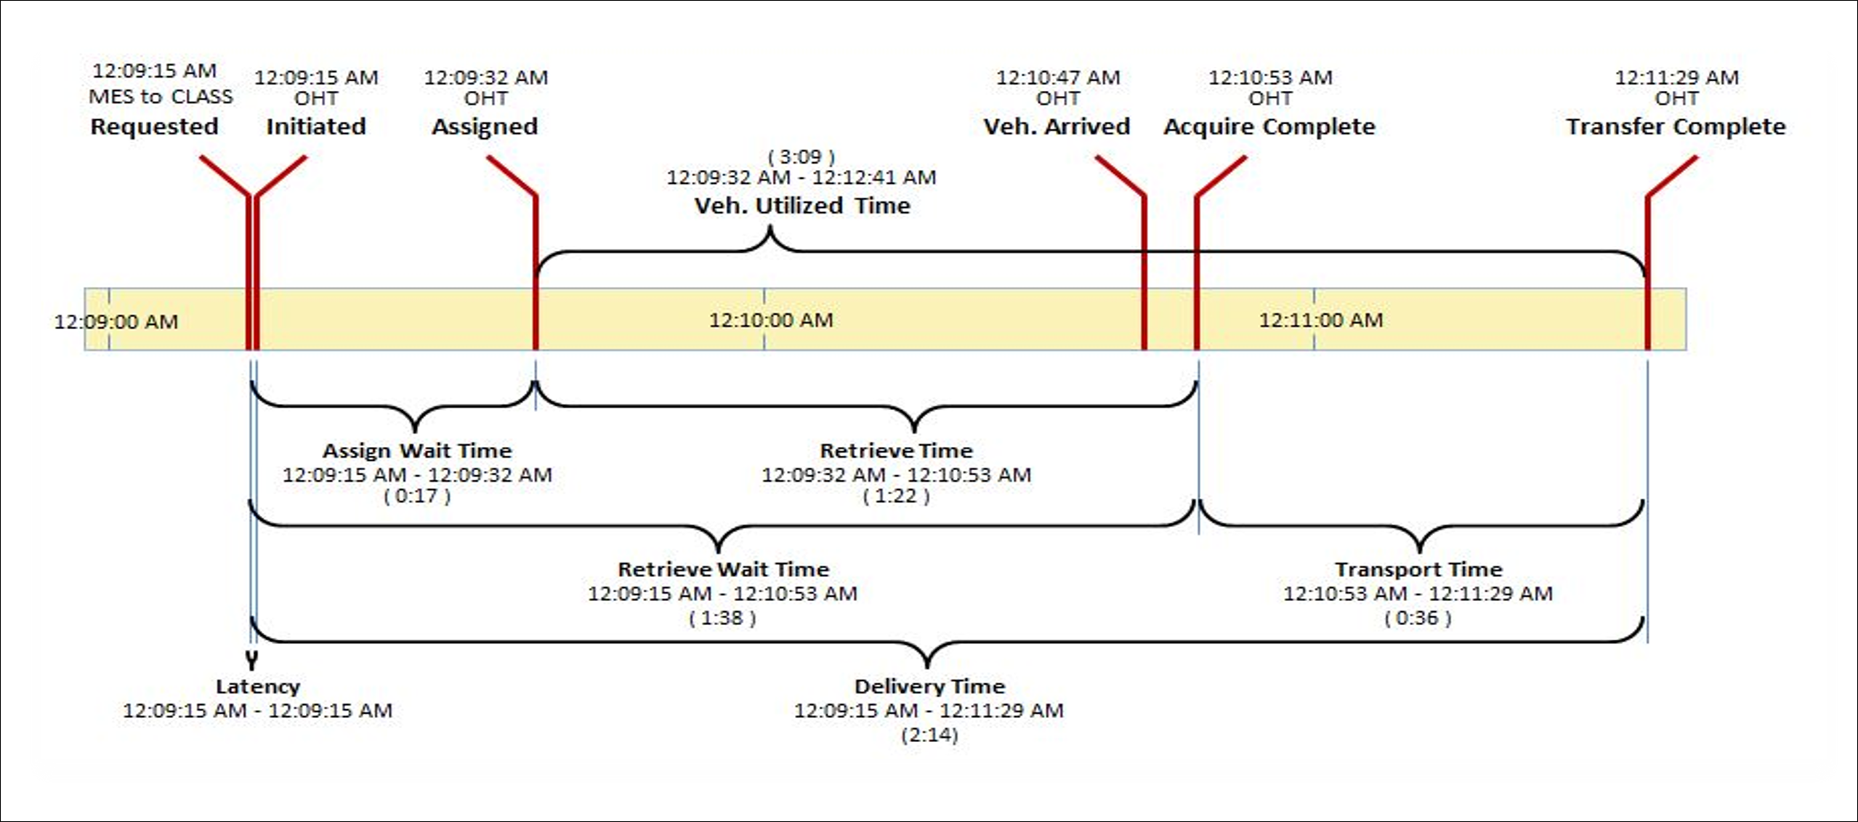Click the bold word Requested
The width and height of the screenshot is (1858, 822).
[154, 126]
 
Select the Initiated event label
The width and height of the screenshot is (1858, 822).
[316, 126]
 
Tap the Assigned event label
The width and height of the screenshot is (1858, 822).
[485, 127]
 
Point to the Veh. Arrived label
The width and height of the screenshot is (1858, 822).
[1057, 126]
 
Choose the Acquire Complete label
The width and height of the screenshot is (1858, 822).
[1269, 127]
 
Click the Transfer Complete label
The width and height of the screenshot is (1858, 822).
[1676, 126]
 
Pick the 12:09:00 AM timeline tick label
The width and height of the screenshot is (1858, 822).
[116, 321]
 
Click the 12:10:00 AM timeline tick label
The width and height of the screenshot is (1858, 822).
[771, 320]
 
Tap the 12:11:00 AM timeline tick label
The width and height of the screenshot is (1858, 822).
[1321, 320]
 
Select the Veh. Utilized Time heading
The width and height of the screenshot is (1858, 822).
[802, 206]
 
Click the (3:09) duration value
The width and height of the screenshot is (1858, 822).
[801, 156]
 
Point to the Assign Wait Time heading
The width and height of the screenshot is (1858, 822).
[417, 451]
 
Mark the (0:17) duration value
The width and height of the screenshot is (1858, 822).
[417, 496]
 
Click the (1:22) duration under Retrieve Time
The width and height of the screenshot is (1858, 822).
[896, 496]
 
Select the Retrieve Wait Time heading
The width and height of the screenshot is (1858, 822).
[723, 569]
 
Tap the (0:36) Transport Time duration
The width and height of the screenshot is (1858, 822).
[1418, 618]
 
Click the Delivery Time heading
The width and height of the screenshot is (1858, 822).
[929, 686]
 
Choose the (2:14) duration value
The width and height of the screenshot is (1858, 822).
[929, 735]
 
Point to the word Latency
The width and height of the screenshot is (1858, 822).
[258, 686]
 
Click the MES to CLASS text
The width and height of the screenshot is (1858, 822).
[161, 97]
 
